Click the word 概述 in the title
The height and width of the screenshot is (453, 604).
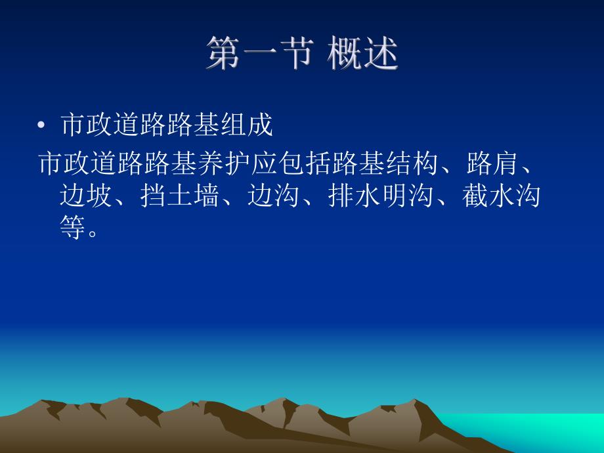click(x=363, y=54)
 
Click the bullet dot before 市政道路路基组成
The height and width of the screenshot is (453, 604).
click(x=42, y=125)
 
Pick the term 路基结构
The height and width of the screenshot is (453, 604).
click(x=386, y=163)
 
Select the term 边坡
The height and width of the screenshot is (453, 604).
click(x=86, y=196)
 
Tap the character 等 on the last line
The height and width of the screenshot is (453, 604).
click(x=72, y=228)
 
